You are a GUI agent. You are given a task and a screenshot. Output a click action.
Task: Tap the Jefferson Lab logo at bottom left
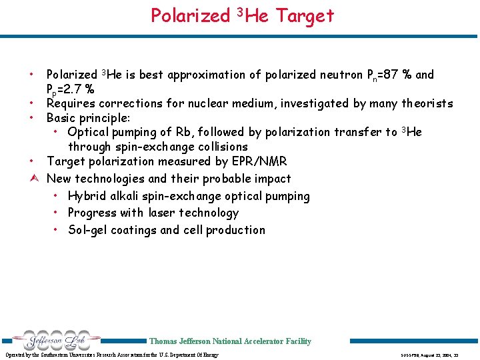click(x=51, y=340)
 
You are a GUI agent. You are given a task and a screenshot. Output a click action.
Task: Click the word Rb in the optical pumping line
click(x=217, y=132)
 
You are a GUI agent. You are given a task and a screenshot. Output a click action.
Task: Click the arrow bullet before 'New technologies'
click(x=33, y=179)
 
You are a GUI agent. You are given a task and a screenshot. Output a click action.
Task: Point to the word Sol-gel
click(x=89, y=230)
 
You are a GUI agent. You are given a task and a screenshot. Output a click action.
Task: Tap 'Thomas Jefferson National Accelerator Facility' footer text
click(x=230, y=341)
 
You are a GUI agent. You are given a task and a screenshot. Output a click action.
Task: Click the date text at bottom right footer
click(x=433, y=355)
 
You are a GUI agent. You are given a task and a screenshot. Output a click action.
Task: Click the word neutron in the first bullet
click(x=332, y=75)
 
